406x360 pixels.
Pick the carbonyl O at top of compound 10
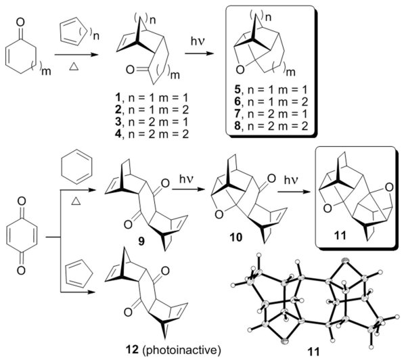click(266, 162)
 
